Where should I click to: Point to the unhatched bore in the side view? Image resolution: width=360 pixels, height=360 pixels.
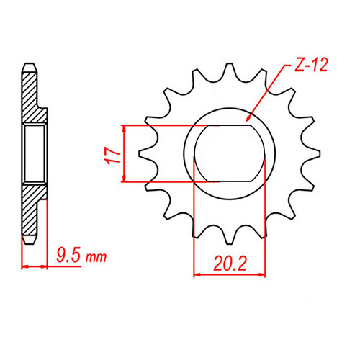tap(35, 153)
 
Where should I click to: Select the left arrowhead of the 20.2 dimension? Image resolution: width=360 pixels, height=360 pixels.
tap(197, 273)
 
